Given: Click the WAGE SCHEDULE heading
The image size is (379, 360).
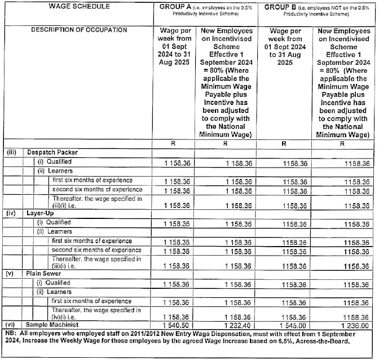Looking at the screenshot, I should [79, 6].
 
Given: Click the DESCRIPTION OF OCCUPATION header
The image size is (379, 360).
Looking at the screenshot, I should [79, 29].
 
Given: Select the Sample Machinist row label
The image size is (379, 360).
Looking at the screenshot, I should [50, 325].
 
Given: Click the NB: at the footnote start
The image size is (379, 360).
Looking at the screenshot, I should [10, 333].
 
